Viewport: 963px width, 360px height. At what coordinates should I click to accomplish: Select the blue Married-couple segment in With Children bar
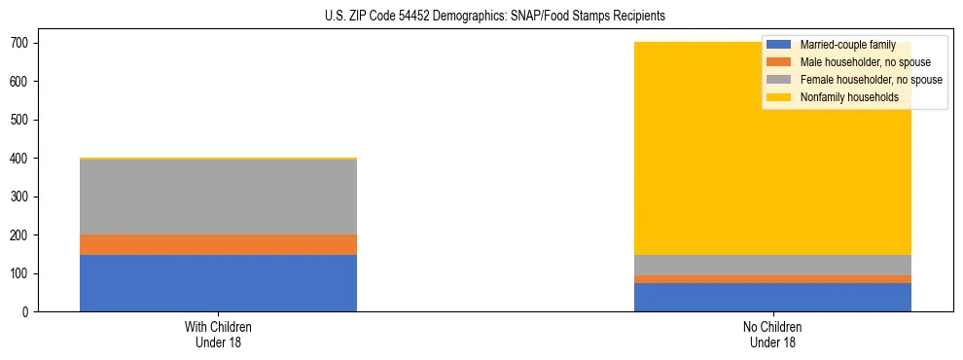click(218, 283)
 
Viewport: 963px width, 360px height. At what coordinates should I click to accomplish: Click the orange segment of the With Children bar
click(218, 244)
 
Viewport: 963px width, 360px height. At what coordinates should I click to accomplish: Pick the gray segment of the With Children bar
click(218, 197)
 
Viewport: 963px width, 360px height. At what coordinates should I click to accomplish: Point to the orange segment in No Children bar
click(772, 279)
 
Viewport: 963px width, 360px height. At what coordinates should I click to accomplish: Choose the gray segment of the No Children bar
click(772, 265)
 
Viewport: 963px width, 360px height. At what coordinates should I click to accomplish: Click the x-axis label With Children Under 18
click(218, 335)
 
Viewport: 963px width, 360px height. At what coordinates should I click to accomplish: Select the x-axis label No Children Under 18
click(772, 335)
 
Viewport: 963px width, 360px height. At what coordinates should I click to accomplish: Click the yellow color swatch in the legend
click(779, 97)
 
